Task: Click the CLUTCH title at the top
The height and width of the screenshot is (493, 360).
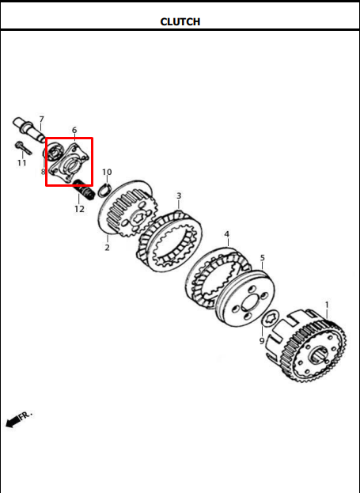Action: point(180,21)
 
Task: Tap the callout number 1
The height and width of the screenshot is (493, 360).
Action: point(327,305)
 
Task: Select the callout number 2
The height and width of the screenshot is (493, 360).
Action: point(108,248)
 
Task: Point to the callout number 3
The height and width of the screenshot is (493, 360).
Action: point(179,195)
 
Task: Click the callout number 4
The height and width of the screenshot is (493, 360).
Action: point(227,234)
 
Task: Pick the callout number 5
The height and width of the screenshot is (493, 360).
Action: point(263,258)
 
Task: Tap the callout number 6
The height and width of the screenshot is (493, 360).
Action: point(74,130)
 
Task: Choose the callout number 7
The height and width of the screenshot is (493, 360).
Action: point(41,119)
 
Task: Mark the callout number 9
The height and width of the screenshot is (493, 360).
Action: point(262,340)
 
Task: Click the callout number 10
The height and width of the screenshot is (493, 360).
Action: point(107,172)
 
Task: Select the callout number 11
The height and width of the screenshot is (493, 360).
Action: point(21,163)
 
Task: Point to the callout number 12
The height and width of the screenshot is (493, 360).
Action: point(79,209)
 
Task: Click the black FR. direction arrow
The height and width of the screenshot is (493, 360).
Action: point(13,422)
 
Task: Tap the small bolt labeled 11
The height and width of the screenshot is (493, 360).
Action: point(23,148)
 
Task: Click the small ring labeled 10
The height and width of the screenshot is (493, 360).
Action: point(104,190)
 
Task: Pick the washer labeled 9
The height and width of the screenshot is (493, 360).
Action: point(271,320)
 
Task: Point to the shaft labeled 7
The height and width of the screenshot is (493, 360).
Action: point(30,130)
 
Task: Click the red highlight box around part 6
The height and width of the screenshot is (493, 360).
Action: point(46,161)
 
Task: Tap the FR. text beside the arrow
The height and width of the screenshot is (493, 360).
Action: point(26,415)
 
